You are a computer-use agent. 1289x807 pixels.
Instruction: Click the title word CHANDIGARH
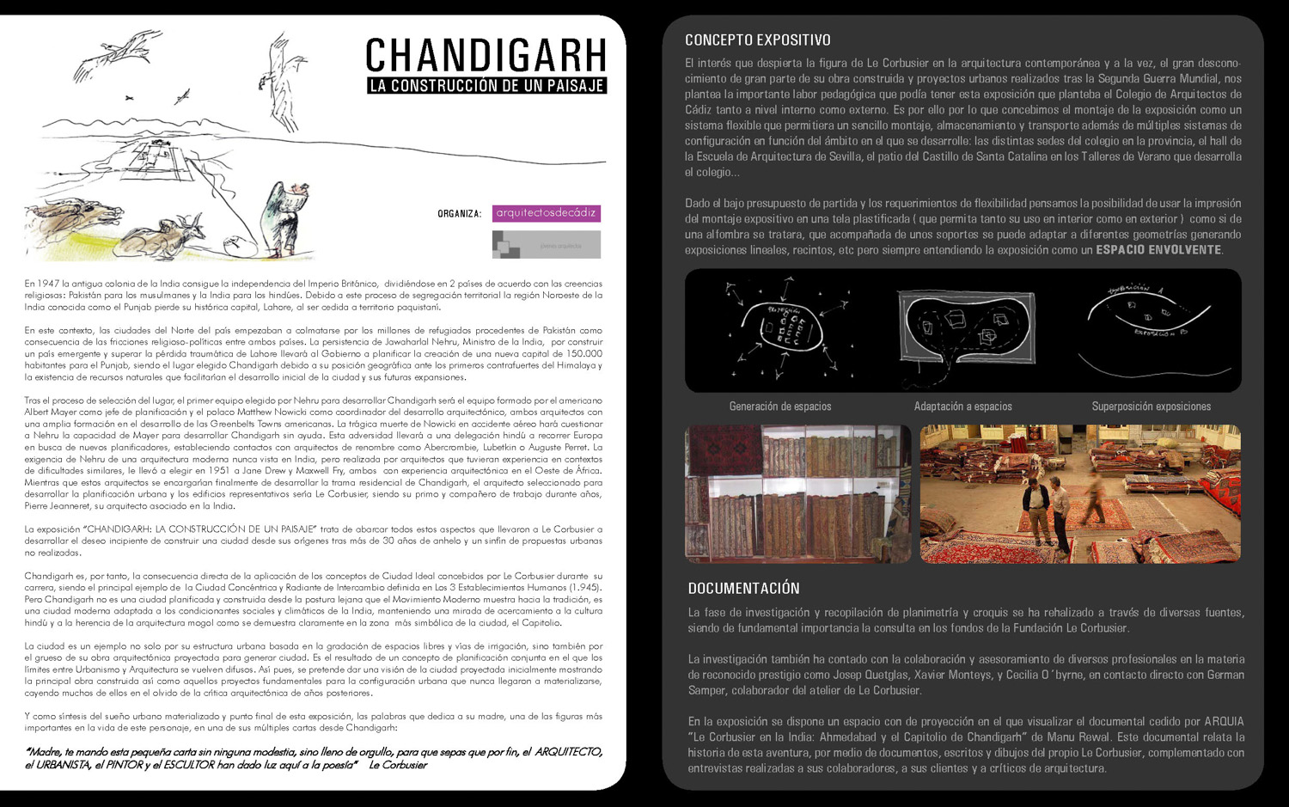point(486,56)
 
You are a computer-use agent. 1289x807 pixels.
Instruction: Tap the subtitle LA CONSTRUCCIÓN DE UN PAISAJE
point(486,86)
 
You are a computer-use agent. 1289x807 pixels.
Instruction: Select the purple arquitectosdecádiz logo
point(546,213)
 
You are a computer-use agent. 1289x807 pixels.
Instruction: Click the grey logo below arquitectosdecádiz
point(546,245)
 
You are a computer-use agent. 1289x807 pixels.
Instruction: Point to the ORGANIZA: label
point(459,214)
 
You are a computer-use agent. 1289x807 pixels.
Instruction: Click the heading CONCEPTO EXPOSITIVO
point(757,40)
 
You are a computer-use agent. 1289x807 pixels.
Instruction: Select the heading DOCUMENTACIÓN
point(743,589)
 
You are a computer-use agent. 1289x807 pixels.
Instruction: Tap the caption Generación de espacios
point(779,407)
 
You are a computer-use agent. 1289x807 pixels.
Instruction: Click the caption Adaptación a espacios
point(962,407)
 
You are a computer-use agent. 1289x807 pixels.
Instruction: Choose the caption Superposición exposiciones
point(1151,407)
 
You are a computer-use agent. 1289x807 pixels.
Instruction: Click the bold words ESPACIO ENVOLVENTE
point(1158,250)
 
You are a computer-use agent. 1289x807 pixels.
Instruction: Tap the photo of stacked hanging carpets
point(797,493)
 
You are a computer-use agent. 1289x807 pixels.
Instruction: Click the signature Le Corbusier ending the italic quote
point(398,765)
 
